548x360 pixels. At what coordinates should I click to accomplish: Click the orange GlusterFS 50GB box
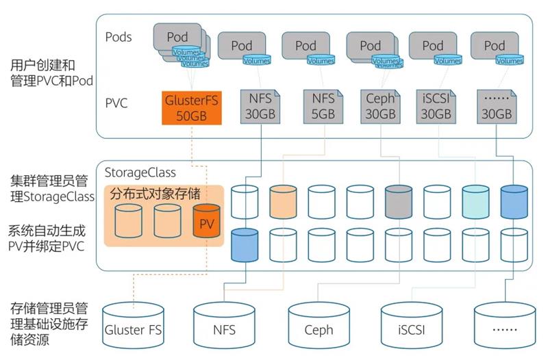tap(192, 107)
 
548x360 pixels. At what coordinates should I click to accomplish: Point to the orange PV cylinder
tap(206, 223)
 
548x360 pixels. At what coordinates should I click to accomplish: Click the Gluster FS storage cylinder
tap(134, 326)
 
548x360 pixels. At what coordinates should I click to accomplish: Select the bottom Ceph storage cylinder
tap(319, 326)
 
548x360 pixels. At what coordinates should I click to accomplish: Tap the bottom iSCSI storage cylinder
tap(412, 326)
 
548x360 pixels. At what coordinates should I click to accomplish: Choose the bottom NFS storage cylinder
tap(224, 326)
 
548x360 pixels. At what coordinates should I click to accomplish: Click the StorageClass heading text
tap(140, 172)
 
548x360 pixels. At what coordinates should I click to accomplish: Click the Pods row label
tap(119, 36)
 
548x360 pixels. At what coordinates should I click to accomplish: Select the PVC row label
tap(116, 104)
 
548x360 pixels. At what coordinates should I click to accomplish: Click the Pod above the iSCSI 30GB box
tap(433, 46)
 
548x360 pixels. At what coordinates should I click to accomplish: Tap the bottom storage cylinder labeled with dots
tap(505, 326)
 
